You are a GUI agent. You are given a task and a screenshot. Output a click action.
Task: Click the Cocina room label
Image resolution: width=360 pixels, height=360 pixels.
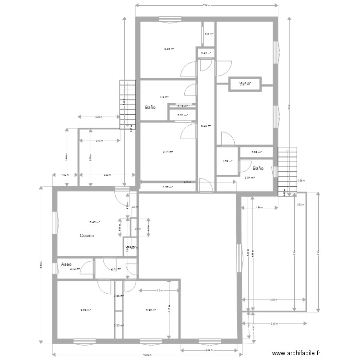(x=87, y=236)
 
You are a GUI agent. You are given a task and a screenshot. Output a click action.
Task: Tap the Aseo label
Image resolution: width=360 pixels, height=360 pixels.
(x=66, y=264)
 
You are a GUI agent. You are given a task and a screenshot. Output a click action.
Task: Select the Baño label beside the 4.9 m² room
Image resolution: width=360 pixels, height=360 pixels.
(x=150, y=108)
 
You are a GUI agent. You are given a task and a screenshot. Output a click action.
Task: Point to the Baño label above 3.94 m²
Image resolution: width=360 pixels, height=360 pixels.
(x=258, y=168)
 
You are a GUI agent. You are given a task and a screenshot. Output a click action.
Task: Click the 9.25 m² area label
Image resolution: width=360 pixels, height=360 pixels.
(x=169, y=48)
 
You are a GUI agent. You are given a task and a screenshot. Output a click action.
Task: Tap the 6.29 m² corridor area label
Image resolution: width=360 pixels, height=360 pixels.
(x=205, y=126)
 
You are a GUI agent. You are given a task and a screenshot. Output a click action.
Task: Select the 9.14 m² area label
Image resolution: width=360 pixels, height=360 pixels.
(x=168, y=152)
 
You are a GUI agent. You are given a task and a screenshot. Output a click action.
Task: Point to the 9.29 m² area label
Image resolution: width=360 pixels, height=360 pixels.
(x=85, y=310)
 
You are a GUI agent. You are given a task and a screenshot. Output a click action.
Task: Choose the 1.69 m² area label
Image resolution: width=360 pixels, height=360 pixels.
(x=227, y=161)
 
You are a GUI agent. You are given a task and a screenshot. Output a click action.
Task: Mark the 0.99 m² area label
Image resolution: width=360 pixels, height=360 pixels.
(x=257, y=152)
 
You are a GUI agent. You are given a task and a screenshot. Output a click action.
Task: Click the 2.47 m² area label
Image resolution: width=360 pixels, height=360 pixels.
(x=116, y=269)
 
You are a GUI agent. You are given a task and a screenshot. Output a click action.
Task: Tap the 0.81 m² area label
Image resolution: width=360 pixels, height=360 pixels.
(x=182, y=115)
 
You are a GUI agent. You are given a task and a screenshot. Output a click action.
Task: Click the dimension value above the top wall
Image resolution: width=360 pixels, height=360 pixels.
(x=206, y=6)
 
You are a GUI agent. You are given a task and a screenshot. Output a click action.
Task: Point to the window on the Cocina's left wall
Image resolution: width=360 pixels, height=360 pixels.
(x=56, y=223)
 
